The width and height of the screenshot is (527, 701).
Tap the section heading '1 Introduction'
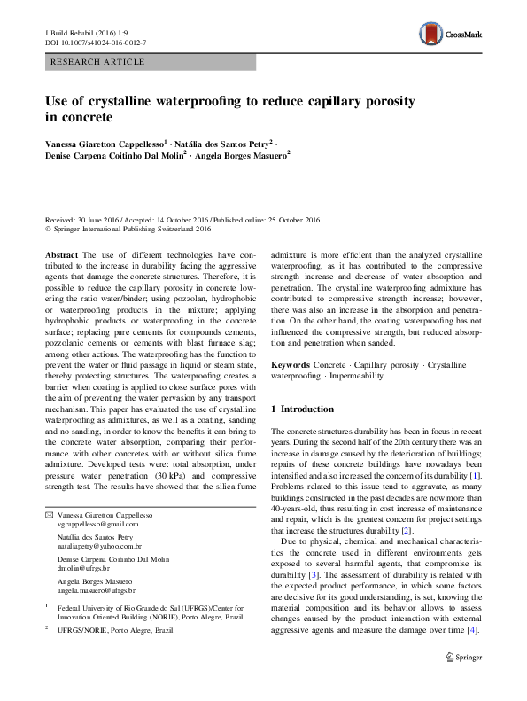(302, 409)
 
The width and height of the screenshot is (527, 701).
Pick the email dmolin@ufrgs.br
(78, 571)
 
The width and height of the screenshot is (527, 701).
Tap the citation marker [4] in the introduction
(476, 655)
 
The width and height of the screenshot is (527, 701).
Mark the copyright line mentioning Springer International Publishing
(128, 229)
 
